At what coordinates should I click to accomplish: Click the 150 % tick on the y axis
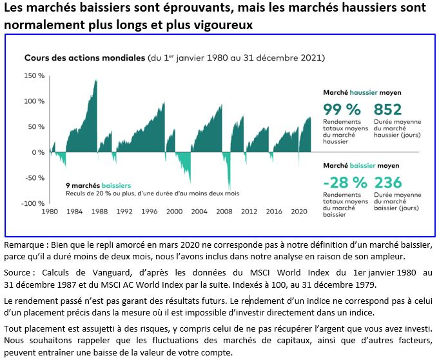click(35, 76)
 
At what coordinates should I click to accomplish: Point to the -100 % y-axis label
click(33, 203)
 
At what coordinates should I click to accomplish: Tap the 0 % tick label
click(38, 152)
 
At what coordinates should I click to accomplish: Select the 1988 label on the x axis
click(99, 212)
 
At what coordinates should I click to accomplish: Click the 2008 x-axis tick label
click(225, 212)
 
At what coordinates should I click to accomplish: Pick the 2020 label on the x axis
click(300, 212)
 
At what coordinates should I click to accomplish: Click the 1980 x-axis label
click(50, 212)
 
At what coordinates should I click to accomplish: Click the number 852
click(389, 109)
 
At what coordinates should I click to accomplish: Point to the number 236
click(389, 183)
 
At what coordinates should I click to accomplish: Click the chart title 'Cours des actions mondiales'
click(84, 57)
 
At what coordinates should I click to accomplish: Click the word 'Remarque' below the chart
click(23, 245)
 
